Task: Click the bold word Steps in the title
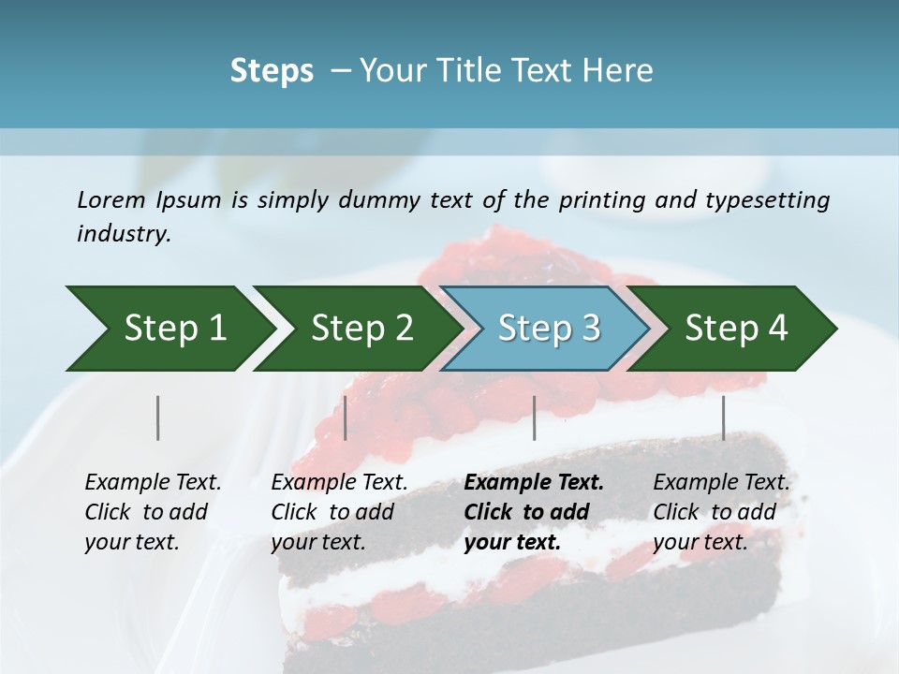(272, 71)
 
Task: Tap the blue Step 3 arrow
(543, 329)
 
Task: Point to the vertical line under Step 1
(158, 418)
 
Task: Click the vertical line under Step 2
(346, 418)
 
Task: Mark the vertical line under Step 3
(534, 418)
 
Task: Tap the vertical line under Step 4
(723, 418)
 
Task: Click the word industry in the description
(122, 234)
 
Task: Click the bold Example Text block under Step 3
(534, 512)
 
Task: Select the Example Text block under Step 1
(153, 512)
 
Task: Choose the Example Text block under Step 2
(339, 512)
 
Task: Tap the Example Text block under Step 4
(721, 512)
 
